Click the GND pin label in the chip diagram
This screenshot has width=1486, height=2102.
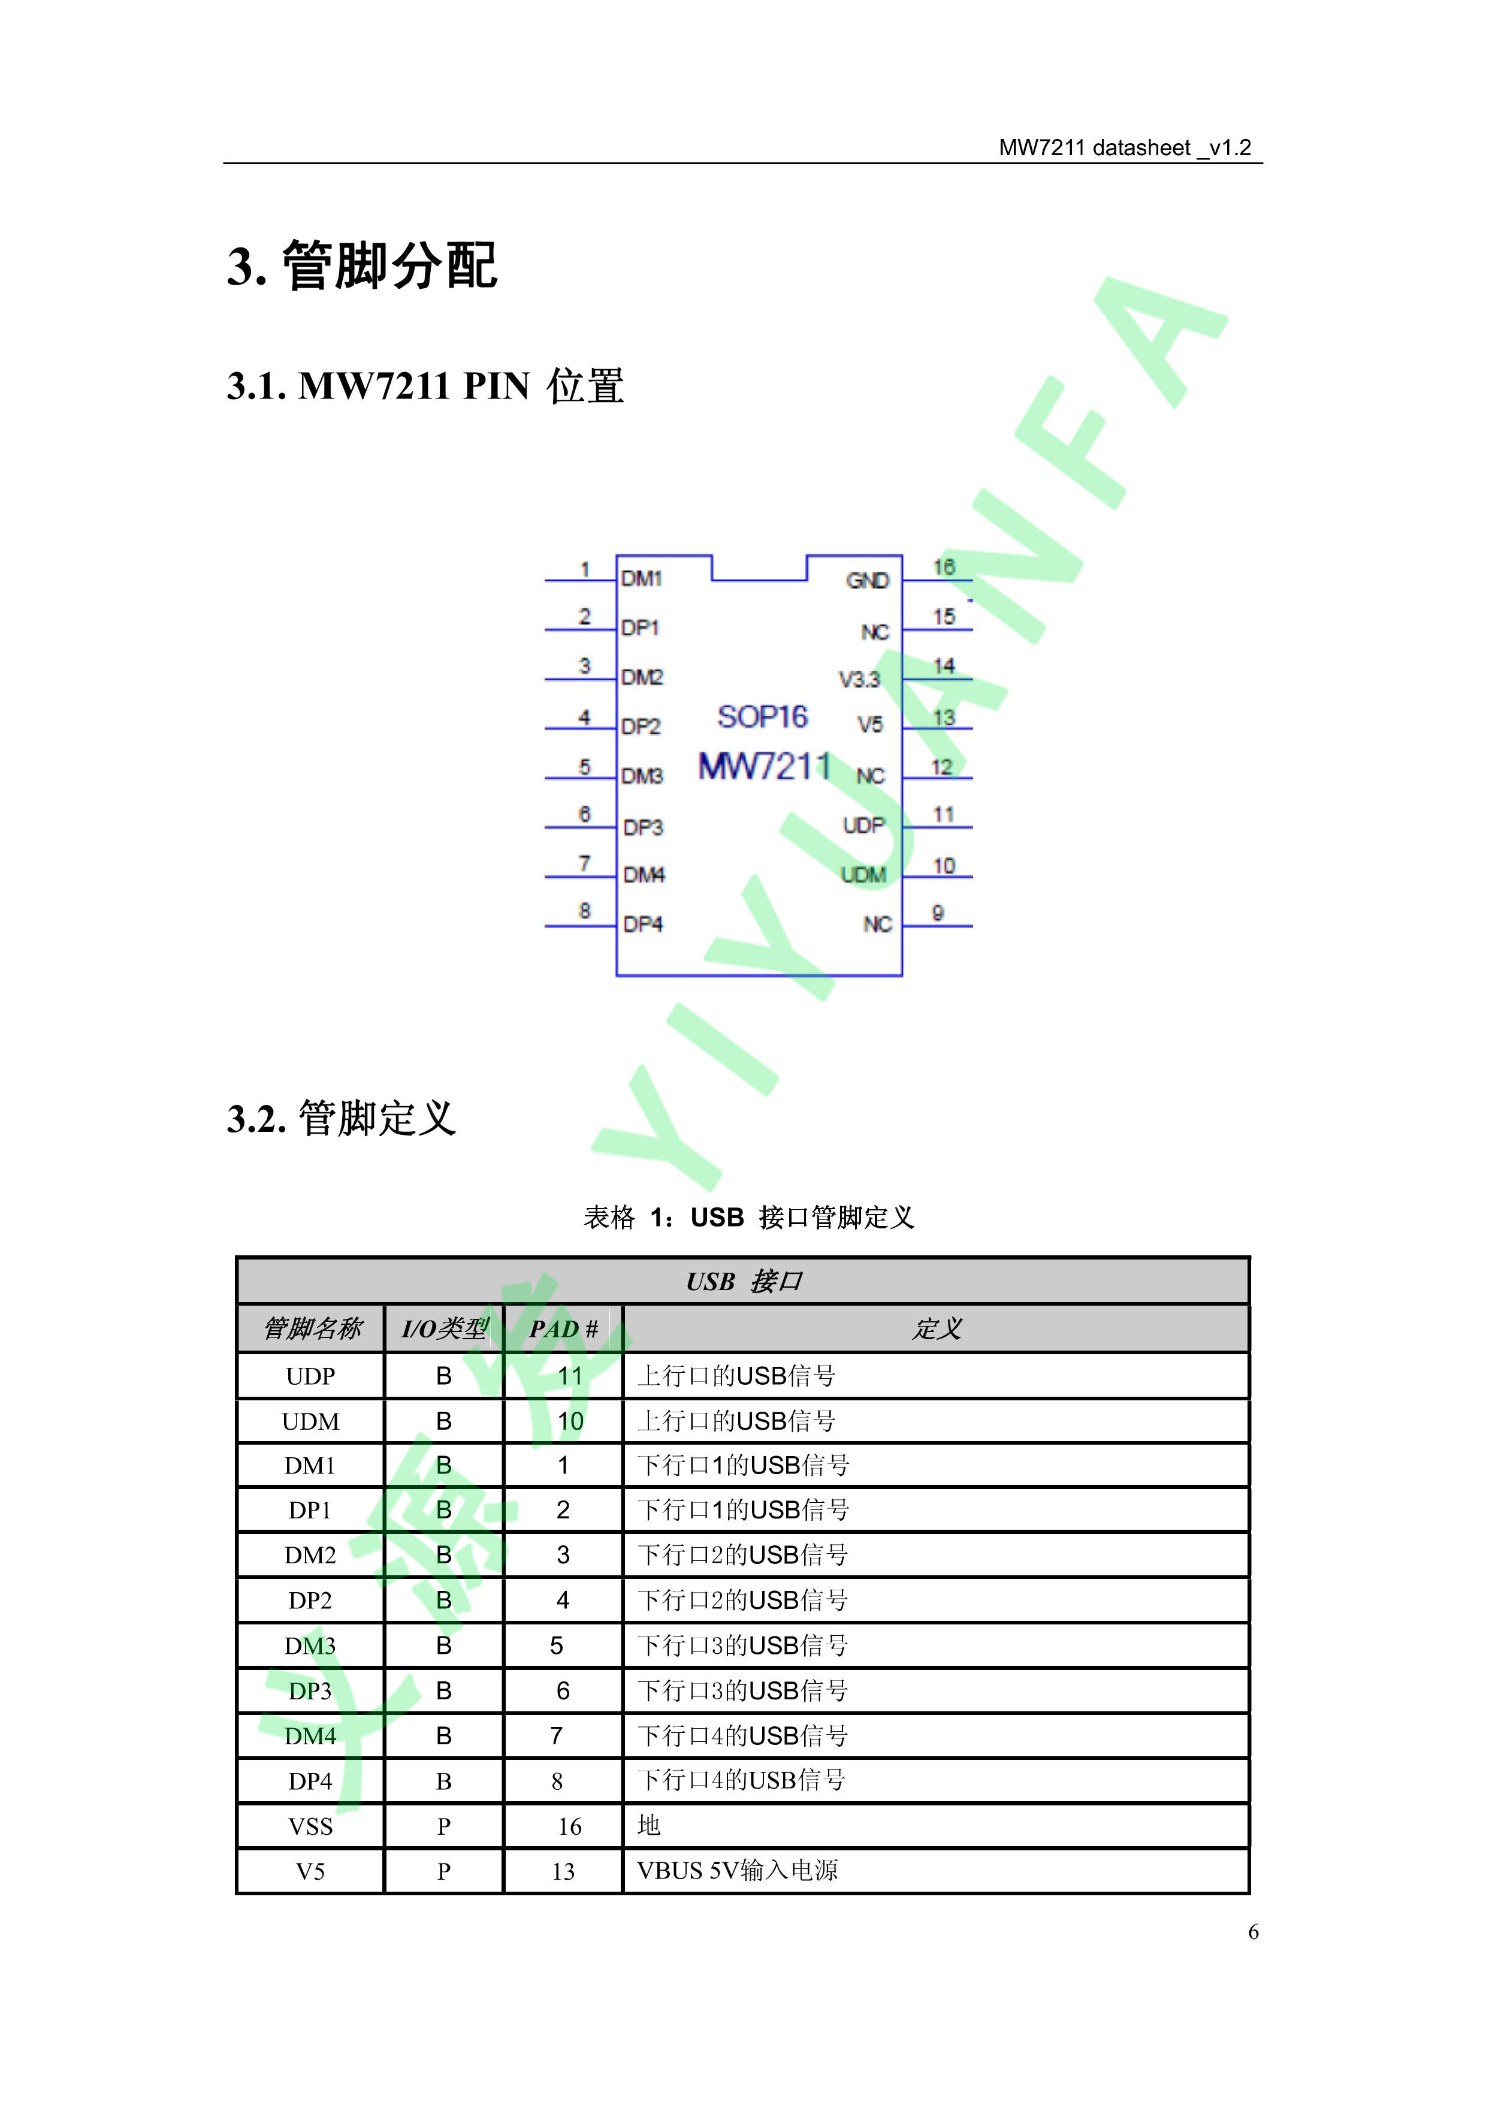pyautogui.click(x=867, y=581)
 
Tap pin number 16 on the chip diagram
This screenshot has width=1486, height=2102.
pyautogui.click(x=944, y=567)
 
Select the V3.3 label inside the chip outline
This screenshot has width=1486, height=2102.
pyautogui.click(x=859, y=679)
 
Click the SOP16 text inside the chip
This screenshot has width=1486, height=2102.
pyautogui.click(x=763, y=716)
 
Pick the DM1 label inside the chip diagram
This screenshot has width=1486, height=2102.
pyautogui.click(x=641, y=579)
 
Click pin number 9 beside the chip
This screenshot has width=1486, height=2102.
pyautogui.click(x=938, y=913)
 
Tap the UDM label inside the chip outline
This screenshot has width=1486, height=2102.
pyautogui.click(x=863, y=875)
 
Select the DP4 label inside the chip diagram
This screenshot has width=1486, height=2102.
pyautogui.click(x=643, y=925)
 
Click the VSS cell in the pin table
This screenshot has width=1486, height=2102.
pyautogui.click(x=310, y=1826)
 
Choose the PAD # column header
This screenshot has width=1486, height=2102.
pyautogui.click(x=563, y=1329)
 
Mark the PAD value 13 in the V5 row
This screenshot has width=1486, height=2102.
pyautogui.click(x=563, y=1871)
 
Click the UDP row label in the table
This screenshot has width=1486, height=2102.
pyautogui.click(x=310, y=1376)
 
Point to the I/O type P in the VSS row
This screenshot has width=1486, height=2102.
pyautogui.click(x=444, y=1826)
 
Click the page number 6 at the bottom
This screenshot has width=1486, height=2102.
pyautogui.click(x=1254, y=1932)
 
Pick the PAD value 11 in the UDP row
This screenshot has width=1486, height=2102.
pyautogui.click(x=569, y=1376)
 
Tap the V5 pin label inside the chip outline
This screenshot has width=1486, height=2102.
pyautogui.click(x=870, y=725)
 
